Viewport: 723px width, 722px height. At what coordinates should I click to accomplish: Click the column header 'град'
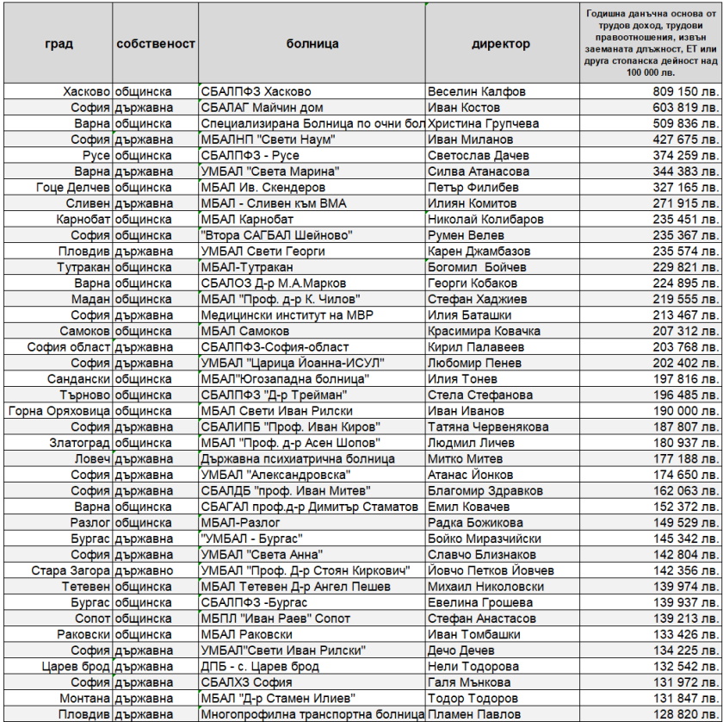point(58,42)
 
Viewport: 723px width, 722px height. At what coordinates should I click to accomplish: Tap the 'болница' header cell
point(312,42)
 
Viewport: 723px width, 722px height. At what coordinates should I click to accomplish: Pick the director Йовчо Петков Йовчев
point(491,570)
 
